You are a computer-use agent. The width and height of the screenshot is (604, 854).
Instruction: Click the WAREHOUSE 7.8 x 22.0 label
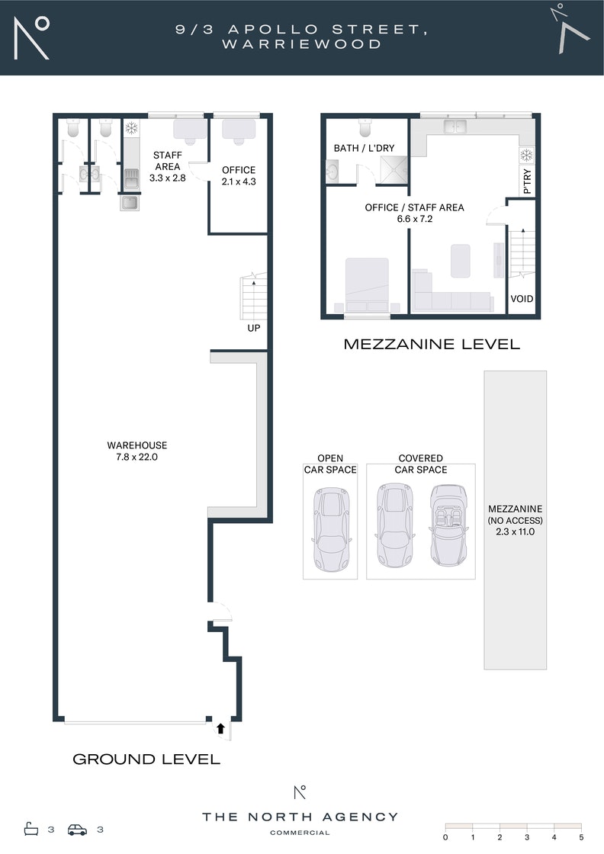[137, 451]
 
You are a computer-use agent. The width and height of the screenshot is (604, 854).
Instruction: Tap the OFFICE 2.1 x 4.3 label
[239, 175]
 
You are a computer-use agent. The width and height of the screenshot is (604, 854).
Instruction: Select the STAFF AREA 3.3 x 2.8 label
[167, 166]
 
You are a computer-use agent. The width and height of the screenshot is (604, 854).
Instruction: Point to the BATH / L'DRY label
[364, 148]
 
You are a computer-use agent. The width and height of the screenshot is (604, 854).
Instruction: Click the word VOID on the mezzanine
[522, 298]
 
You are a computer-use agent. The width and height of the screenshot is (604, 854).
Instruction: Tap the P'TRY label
[527, 181]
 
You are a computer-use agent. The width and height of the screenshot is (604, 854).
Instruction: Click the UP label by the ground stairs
[254, 328]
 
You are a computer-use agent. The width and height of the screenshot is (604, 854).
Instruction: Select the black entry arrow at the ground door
[220, 728]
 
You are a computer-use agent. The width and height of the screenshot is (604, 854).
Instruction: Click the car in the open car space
[330, 529]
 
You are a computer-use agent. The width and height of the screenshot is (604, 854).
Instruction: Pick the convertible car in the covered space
[448, 525]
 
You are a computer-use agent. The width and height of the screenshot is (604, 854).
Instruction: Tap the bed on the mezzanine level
[367, 285]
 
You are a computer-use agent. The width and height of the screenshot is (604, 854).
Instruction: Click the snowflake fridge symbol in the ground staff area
[131, 128]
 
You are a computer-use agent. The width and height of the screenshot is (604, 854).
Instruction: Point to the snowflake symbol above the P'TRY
[527, 156]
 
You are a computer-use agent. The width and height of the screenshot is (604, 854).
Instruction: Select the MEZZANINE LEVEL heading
[432, 344]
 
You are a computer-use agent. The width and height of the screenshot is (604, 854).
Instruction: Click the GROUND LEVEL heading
[146, 759]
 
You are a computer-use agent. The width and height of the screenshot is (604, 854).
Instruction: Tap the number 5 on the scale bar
[581, 837]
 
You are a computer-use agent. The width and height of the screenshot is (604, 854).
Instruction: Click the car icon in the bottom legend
[77, 830]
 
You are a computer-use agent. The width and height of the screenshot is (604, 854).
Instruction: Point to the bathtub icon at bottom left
[31, 829]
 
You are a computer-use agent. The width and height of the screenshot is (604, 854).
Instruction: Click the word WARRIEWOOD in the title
[302, 44]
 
